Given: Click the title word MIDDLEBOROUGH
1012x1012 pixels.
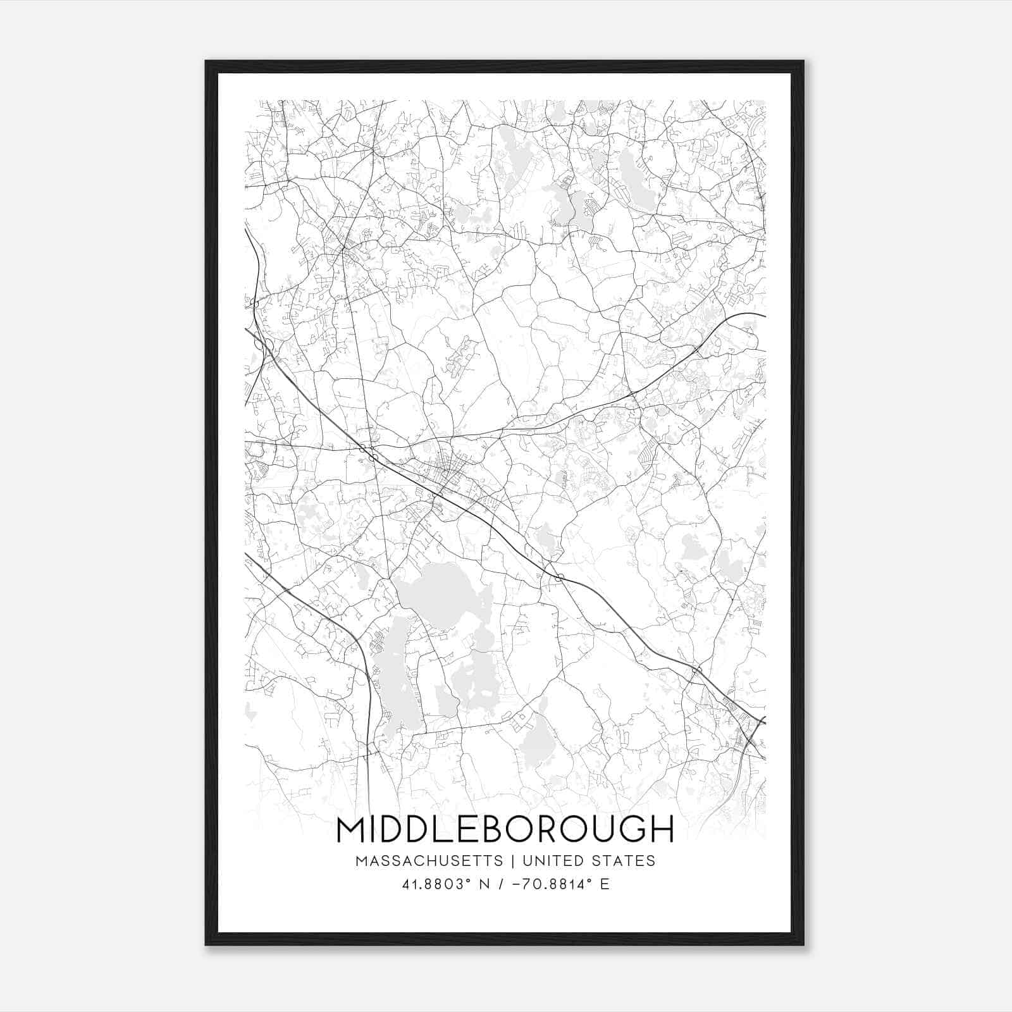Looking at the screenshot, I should tap(505, 829).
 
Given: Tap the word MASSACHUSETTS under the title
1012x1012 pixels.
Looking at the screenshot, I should tap(429, 861).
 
